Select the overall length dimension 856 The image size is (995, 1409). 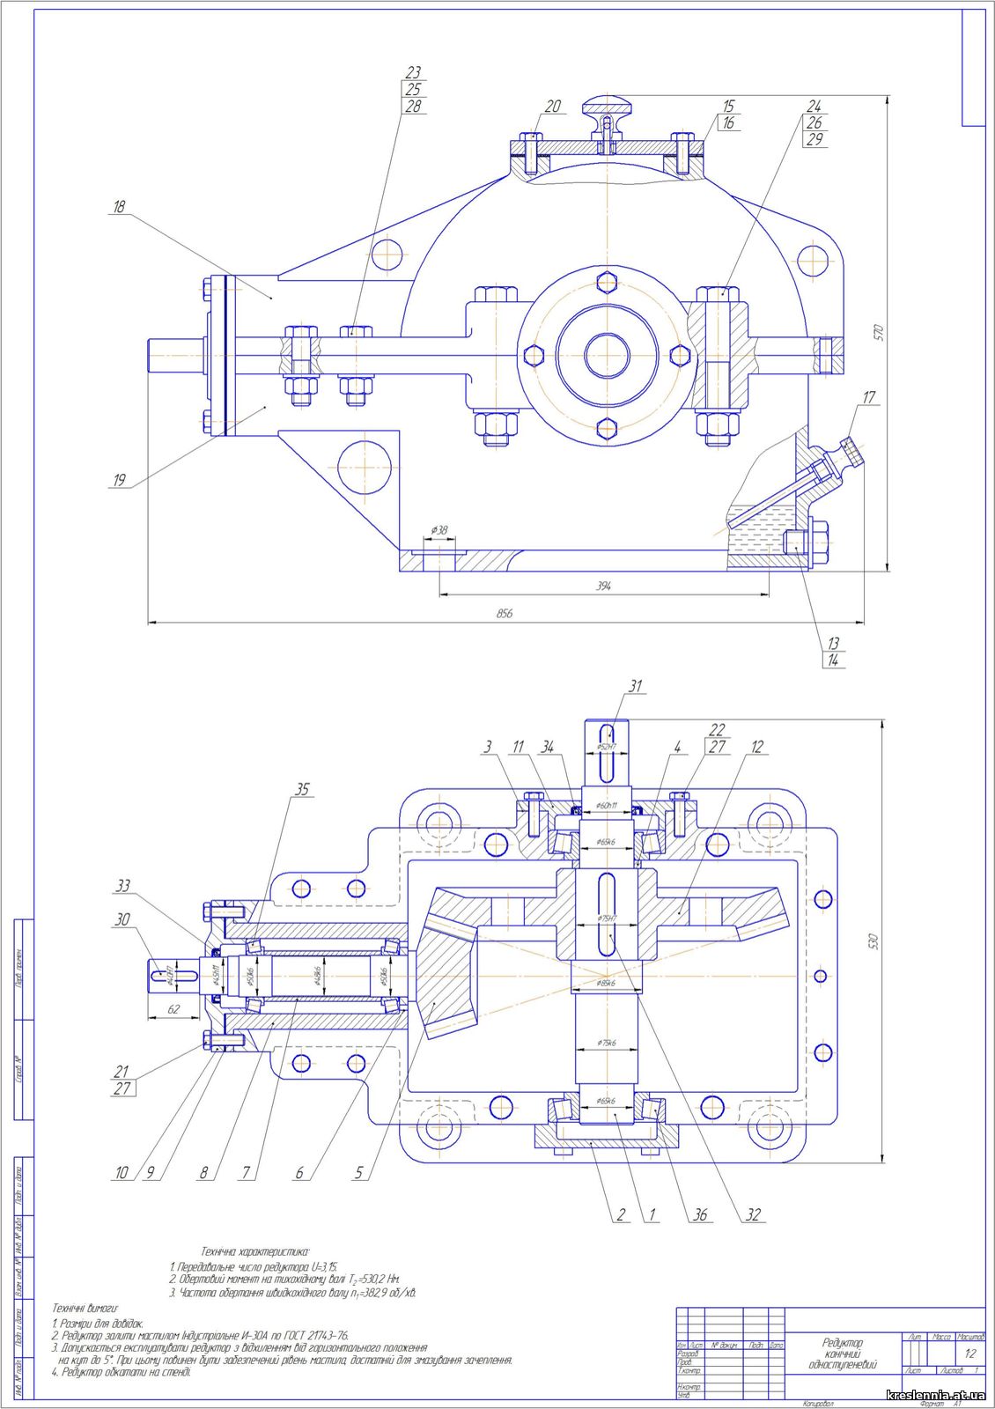504,614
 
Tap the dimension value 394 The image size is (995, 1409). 603,586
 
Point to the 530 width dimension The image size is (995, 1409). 873,941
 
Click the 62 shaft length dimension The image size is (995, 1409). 173,1009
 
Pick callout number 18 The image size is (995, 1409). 119,207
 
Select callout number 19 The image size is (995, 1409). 119,480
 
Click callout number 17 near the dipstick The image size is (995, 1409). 869,397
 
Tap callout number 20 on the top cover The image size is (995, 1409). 552,107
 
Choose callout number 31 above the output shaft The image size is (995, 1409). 636,686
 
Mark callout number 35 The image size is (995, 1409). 302,789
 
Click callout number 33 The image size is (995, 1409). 122,885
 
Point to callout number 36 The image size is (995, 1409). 700,1215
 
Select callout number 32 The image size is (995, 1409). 753,1215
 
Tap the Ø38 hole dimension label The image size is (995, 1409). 439,530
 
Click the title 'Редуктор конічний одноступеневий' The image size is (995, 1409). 843,1354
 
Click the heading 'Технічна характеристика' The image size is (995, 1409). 255,1250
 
